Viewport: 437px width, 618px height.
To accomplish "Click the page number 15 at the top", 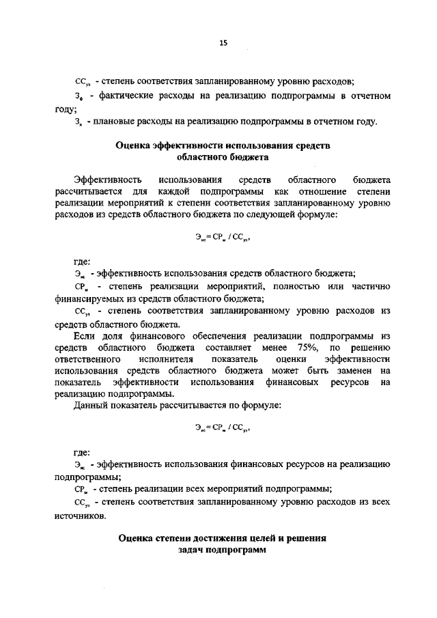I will pyautogui.click(x=223, y=43).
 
